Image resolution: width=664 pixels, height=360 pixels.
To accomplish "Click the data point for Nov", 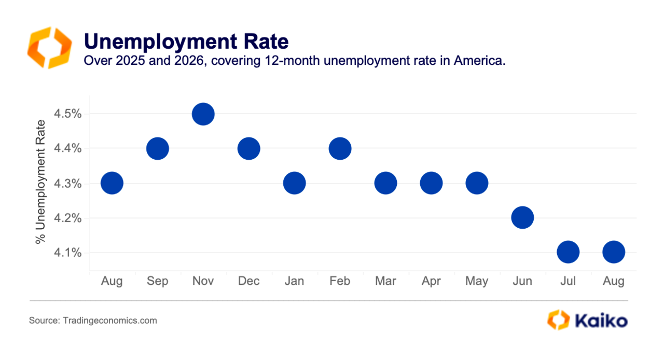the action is (203, 114).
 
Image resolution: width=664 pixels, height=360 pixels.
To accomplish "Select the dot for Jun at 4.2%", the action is (522, 218).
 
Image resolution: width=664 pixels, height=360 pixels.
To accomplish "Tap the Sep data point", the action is (157, 148).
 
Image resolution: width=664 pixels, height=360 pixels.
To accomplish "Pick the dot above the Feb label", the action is (340, 148).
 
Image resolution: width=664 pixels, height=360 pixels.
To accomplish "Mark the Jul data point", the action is (568, 252).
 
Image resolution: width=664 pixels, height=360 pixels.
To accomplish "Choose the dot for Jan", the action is (294, 183).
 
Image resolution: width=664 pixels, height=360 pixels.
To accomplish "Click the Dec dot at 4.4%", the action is (248, 148).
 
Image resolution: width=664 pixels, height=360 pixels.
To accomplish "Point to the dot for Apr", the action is (431, 183).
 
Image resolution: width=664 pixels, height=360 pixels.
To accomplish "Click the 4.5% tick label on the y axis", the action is (67, 114).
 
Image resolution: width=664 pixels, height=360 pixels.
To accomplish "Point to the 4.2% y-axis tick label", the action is (67, 218).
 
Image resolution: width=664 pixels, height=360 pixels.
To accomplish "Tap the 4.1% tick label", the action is (67, 253).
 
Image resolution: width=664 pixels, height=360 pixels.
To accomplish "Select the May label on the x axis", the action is (477, 281).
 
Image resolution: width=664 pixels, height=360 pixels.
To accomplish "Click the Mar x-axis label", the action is (385, 281).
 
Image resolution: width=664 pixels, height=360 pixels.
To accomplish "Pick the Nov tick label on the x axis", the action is (203, 281).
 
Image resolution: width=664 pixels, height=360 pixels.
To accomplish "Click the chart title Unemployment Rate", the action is (186, 41).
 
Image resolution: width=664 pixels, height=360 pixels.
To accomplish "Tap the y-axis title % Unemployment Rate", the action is (40, 182).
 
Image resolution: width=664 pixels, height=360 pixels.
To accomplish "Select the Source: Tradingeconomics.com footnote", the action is (93, 321).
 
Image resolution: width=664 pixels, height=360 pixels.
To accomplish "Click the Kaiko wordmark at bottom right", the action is (601, 321).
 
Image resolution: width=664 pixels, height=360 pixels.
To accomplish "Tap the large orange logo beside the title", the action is (49, 48).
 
